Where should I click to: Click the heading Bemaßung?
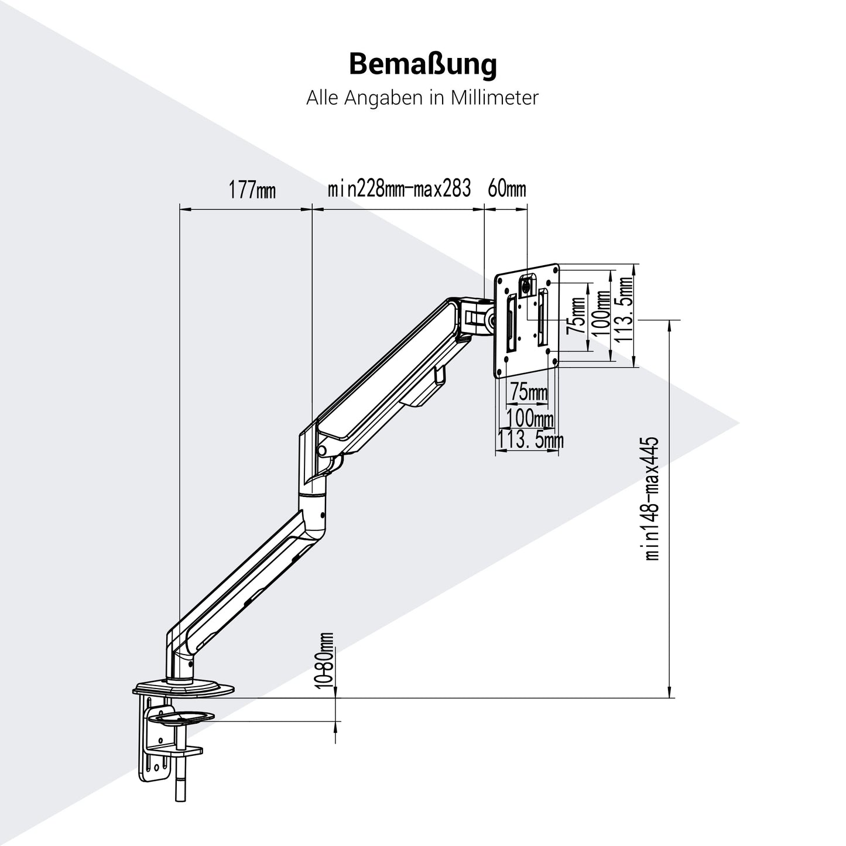click(422, 64)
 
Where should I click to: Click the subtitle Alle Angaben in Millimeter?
click(422, 98)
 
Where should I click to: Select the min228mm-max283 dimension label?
click(399, 190)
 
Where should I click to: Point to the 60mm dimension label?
click(507, 190)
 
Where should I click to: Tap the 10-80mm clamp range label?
click(327, 660)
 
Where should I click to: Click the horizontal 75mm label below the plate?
click(529, 392)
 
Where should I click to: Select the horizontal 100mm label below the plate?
click(530, 418)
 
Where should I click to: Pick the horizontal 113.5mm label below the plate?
click(530, 439)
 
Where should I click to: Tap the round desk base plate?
click(185, 689)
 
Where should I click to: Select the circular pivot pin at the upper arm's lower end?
click(321, 450)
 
